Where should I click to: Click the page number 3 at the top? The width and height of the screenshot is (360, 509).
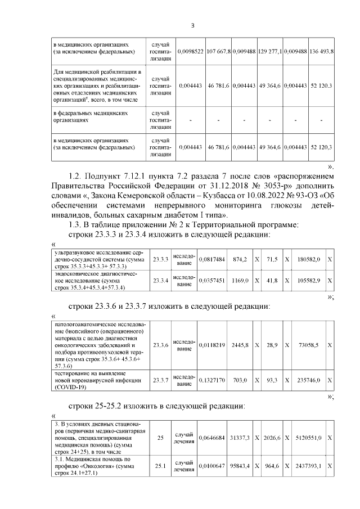(192, 25)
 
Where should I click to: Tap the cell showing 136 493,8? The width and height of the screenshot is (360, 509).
(321, 51)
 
